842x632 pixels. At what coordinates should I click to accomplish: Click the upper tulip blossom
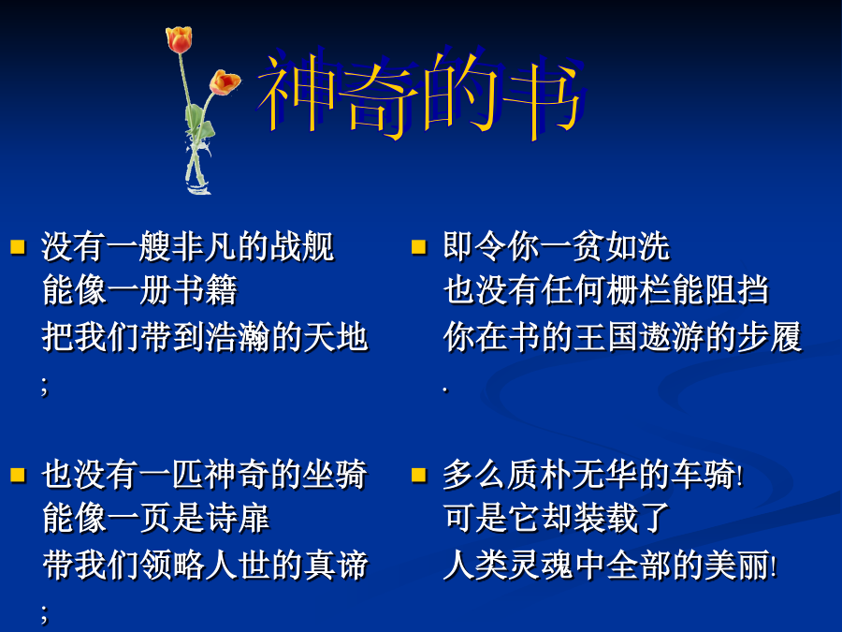pyautogui.click(x=179, y=39)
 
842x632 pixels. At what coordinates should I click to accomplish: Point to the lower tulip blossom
pyautogui.click(x=225, y=82)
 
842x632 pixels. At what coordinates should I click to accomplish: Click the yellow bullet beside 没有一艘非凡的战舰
pyautogui.click(x=19, y=246)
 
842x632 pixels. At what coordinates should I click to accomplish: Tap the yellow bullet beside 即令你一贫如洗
pyautogui.click(x=419, y=246)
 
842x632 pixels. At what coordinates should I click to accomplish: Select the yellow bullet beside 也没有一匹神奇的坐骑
pyautogui.click(x=19, y=475)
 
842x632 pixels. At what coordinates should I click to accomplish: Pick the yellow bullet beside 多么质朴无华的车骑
pyautogui.click(x=419, y=475)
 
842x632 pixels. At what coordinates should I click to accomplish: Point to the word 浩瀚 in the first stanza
pyautogui.click(x=238, y=337)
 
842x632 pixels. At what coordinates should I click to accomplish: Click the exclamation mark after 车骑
pyautogui.click(x=741, y=477)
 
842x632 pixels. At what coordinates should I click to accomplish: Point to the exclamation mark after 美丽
pyautogui.click(x=774, y=566)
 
